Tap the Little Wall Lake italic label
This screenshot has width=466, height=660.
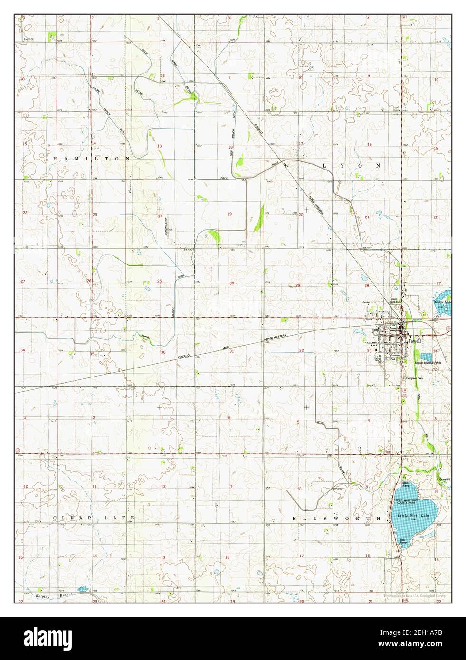[x=409, y=515]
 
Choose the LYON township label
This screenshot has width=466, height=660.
[x=351, y=166]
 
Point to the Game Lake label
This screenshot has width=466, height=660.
[x=442, y=302]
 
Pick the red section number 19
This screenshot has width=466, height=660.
[x=229, y=214]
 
